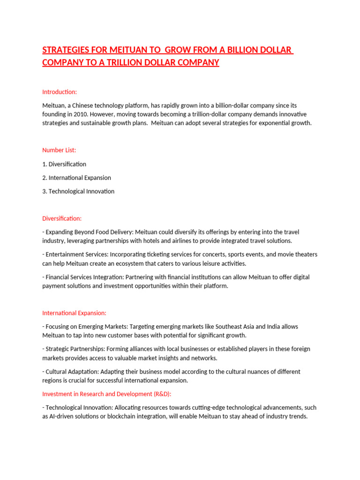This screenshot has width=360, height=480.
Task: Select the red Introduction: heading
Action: point(60,91)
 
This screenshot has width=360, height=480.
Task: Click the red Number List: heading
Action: point(59,150)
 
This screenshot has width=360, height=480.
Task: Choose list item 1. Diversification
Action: point(64,164)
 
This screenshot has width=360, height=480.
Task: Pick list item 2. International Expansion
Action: point(76,178)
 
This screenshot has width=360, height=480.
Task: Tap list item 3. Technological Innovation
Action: point(78,191)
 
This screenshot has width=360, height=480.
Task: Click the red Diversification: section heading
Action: point(62,218)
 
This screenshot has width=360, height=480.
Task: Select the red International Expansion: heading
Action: point(74,313)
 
